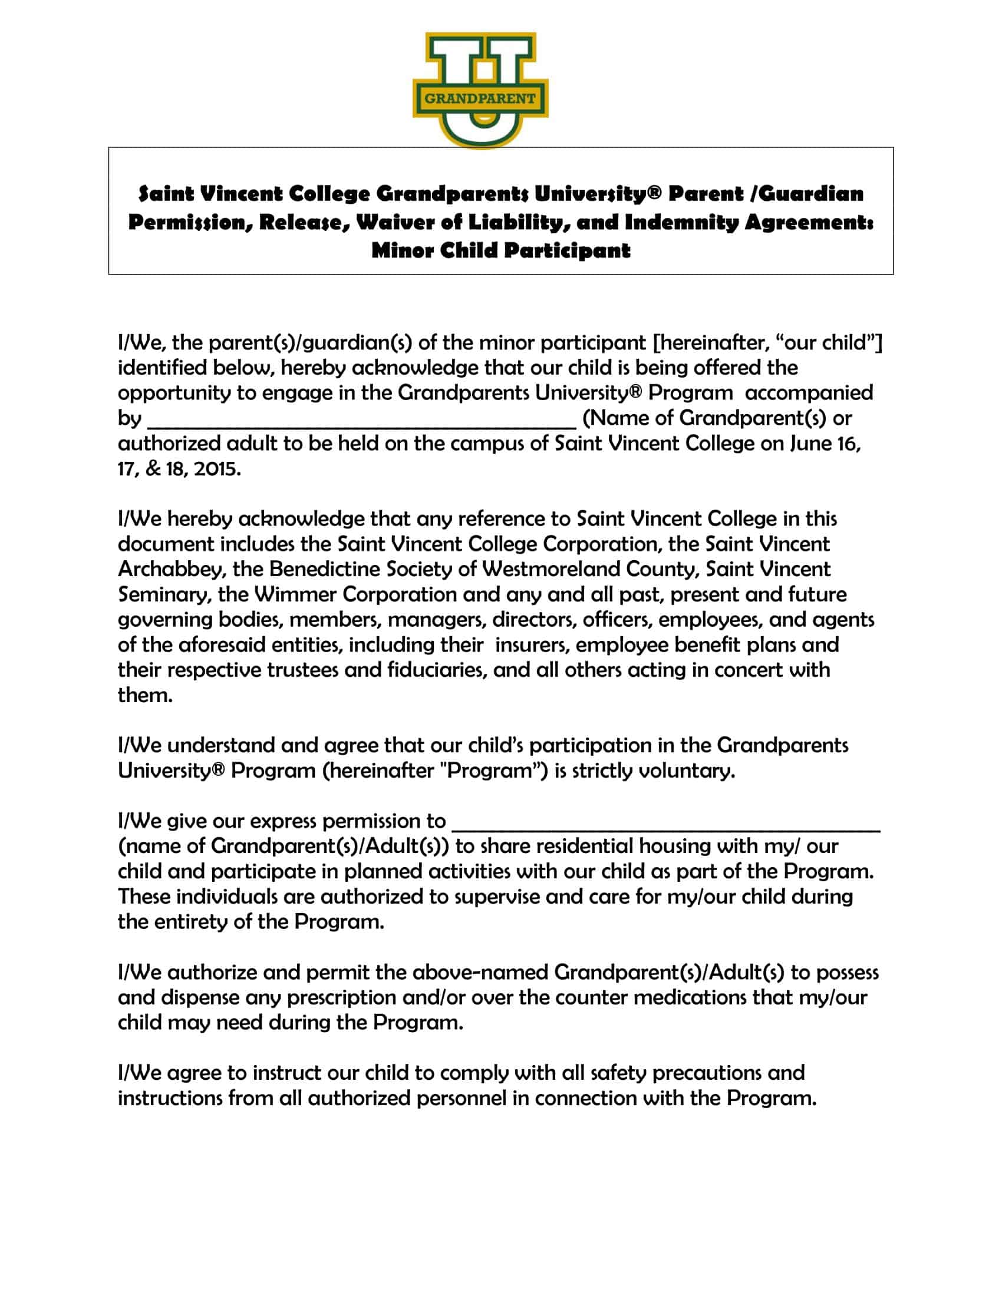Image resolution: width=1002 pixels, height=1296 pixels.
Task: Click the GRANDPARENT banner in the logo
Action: pos(480,98)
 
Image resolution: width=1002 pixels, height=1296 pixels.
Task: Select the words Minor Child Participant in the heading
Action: pos(500,250)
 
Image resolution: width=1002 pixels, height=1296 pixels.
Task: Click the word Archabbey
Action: pos(172,570)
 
